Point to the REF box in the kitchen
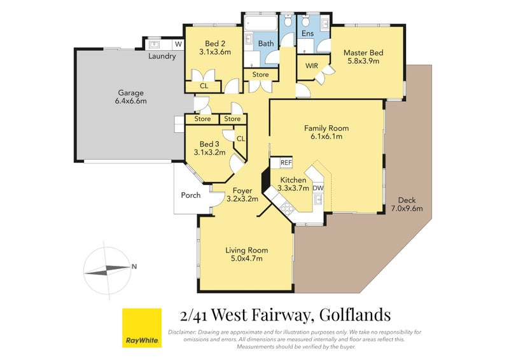coord(277,163)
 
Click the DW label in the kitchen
coord(318,188)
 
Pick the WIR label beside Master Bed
coord(312,66)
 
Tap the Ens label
coord(307,34)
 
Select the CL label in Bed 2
coord(204,86)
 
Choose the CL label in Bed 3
coord(241,138)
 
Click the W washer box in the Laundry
coord(178,44)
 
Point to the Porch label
coord(191,195)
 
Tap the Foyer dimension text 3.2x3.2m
coord(242,199)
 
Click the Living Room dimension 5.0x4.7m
coord(246,258)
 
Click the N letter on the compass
coord(134,267)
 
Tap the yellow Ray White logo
coord(141,328)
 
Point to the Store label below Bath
coord(260,74)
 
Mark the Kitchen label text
coord(293,180)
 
